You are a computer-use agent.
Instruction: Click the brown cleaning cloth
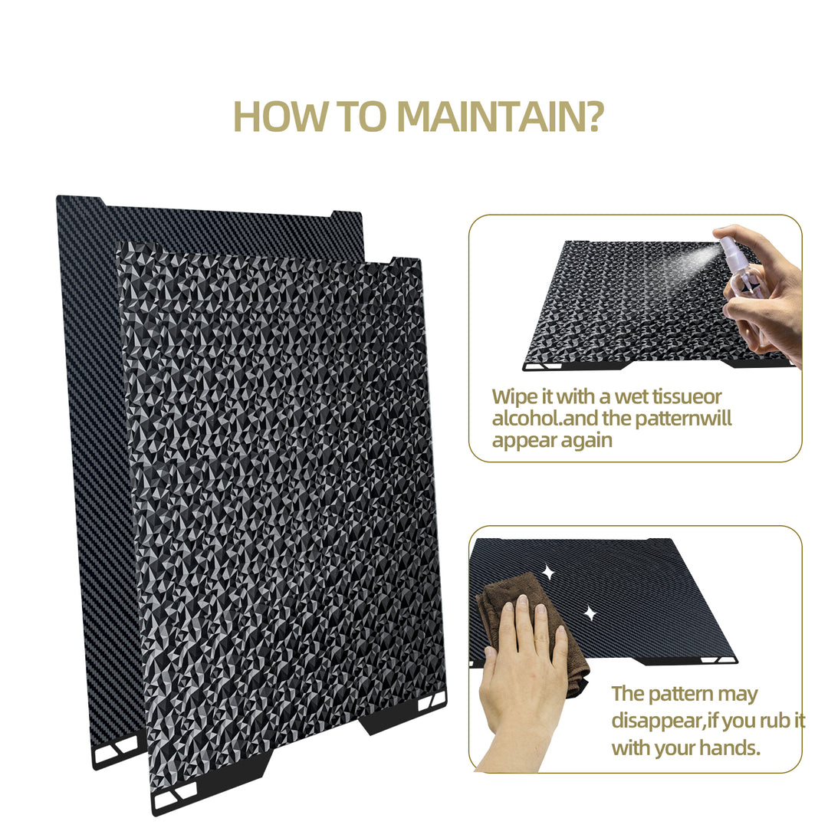(x=534, y=629)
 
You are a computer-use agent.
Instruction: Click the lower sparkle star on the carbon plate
(x=590, y=613)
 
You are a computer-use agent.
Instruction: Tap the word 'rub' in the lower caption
(x=776, y=720)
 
